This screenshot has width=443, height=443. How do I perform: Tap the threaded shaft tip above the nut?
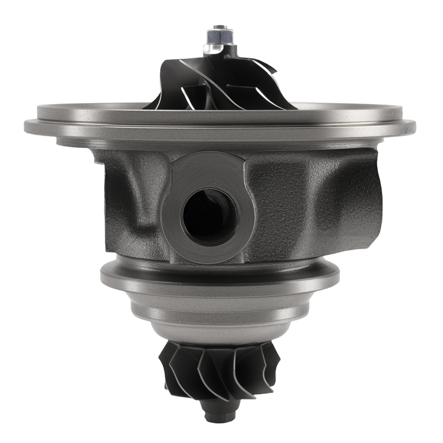219,27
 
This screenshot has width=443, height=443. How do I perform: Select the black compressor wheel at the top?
221,84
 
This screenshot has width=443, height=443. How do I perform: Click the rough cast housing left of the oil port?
133,204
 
